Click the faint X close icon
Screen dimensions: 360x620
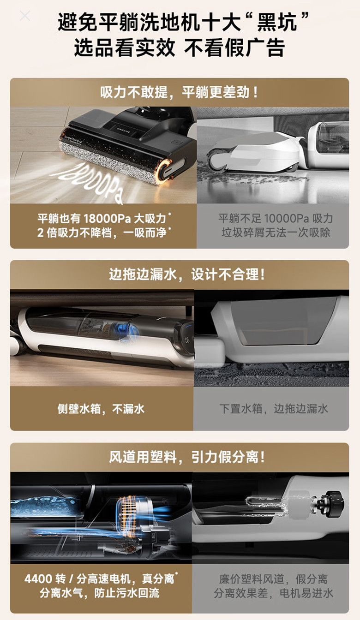coord(25,16)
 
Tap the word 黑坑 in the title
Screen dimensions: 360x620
coord(276,23)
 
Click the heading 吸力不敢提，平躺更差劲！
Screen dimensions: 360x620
coord(180,92)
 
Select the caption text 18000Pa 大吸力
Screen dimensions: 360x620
coord(125,219)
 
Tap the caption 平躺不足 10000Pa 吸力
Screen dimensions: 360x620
coord(276,219)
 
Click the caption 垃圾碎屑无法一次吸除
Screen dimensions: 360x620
coord(276,232)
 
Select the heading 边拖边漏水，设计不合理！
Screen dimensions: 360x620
coord(187,274)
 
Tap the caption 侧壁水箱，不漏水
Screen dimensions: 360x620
coord(101,409)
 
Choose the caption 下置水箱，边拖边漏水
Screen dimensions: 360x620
coord(274,409)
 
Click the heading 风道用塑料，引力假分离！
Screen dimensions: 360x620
coord(187,457)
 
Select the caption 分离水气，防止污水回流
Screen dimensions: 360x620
coord(100,585)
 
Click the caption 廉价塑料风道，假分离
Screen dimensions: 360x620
coord(273,571)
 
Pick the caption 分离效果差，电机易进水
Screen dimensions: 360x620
coord(273,585)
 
